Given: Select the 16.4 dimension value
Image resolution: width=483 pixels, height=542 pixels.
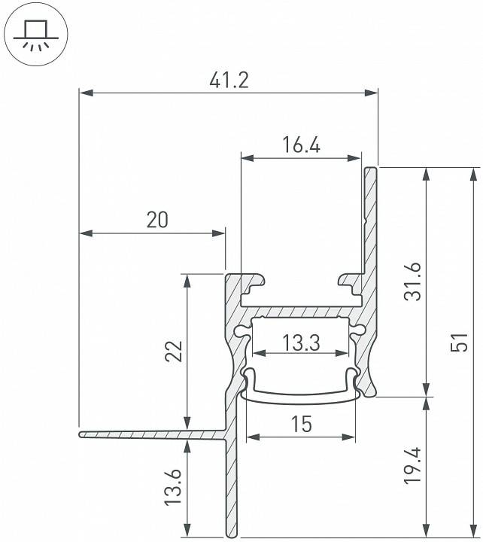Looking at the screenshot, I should (301, 145).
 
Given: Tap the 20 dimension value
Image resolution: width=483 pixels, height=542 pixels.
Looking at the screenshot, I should (157, 220).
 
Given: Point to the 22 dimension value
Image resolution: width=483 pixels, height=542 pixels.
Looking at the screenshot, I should (174, 352).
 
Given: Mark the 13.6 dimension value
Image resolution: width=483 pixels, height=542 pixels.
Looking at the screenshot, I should (174, 490).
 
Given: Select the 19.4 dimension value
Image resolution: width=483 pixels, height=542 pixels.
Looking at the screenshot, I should (413, 467).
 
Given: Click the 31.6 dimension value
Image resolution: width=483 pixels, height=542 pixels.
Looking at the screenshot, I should (413, 282).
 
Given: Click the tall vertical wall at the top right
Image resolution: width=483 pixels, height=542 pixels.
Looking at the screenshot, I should (370, 226).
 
